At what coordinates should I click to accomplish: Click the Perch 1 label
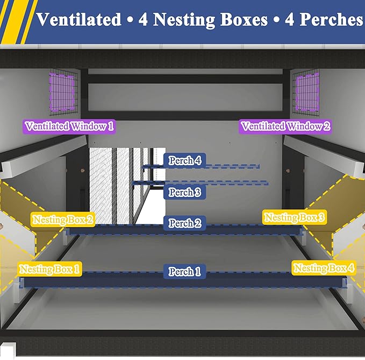coord(184,271)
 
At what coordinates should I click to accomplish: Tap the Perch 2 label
coord(184,223)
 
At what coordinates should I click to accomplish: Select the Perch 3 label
coord(184,192)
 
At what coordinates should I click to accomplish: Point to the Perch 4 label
coord(184,160)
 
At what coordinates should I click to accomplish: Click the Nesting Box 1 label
coord(50,269)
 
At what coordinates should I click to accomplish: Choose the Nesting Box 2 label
coord(63,220)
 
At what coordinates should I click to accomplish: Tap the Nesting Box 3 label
coord(295,217)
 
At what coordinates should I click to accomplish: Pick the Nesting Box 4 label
coord(324,268)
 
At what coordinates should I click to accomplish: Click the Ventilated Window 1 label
coord(69,126)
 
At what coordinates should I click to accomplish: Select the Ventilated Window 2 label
coord(285,126)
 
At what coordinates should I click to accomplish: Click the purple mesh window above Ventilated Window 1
coord(62,92)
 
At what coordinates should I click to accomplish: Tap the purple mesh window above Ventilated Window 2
coord(307,92)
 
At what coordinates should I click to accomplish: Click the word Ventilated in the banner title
coord(79,19)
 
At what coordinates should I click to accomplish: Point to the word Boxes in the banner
coord(244,19)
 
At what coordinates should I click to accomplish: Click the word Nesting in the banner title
coord(184,20)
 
